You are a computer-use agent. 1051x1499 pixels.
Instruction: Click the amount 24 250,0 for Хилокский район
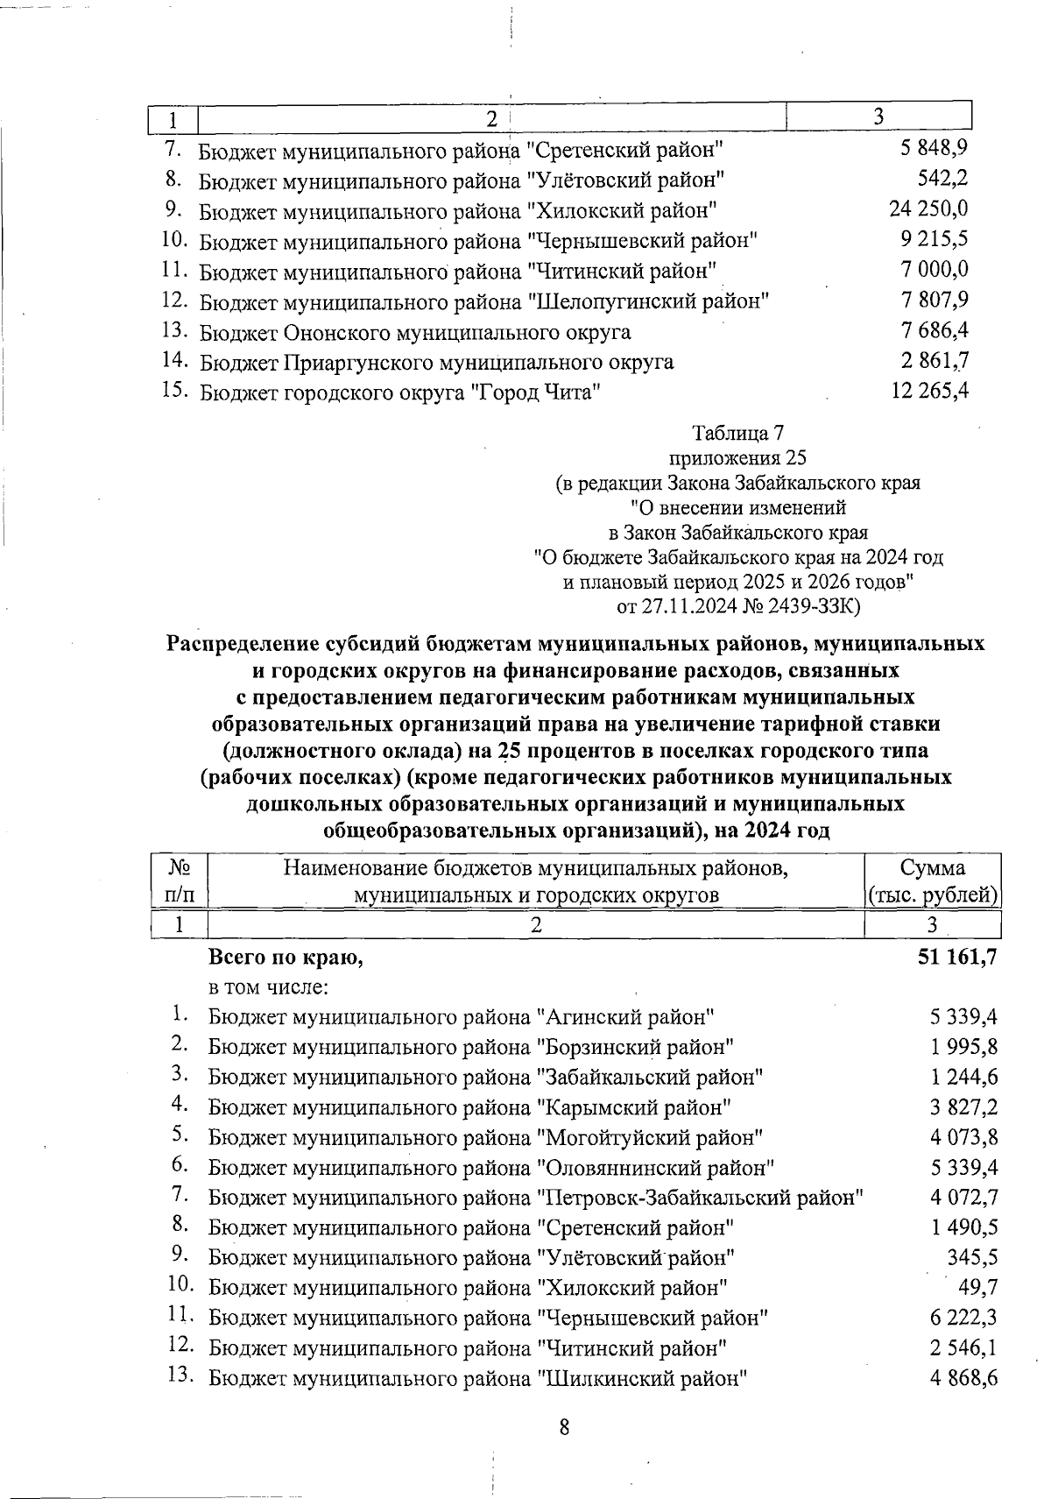click(928, 209)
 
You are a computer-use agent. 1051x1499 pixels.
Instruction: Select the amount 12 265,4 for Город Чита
click(928, 391)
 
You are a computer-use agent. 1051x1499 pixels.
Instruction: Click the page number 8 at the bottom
click(564, 1426)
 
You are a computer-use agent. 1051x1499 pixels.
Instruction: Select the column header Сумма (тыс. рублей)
click(932, 881)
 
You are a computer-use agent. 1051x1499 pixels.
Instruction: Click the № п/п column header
click(180, 881)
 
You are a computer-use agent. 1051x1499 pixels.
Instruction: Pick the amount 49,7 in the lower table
click(980, 1287)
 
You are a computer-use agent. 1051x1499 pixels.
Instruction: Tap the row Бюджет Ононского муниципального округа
click(415, 332)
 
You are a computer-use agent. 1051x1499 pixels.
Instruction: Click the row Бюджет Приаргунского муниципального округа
click(436, 362)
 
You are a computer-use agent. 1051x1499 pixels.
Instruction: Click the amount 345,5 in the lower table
click(972, 1257)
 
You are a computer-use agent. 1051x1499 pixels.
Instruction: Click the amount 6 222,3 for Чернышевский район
click(964, 1317)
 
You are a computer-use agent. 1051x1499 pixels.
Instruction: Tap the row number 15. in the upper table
click(176, 391)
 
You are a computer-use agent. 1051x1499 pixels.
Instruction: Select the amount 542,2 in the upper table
click(942, 180)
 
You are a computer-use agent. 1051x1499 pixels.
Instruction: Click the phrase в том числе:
click(268, 987)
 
